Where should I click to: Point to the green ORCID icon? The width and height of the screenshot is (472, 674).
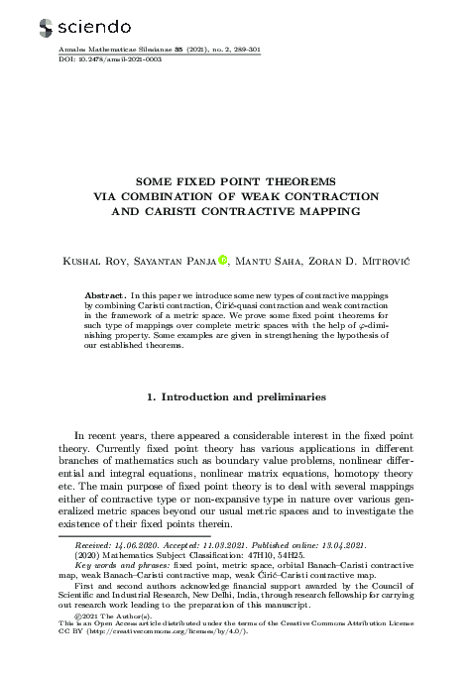[224, 261]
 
